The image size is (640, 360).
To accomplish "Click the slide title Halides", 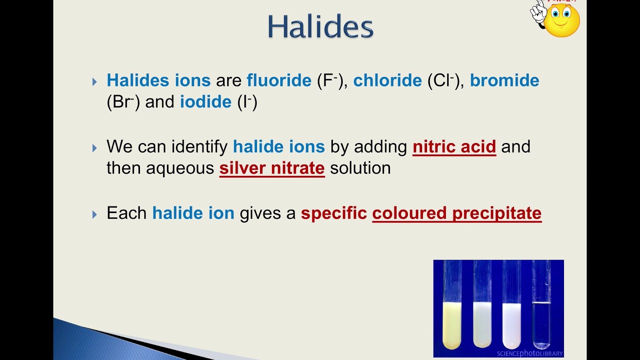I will [x=320, y=26].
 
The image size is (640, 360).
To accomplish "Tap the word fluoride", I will [x=279, y=80].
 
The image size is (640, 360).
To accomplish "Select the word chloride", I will [x=387, y=80].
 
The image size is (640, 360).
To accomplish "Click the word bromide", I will [x=504, y=80].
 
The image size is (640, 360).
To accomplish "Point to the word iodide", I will [x=205, y=102].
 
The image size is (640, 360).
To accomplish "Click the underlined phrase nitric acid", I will [x=454, y=147].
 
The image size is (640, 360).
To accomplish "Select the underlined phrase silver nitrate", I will [x=272, y=168].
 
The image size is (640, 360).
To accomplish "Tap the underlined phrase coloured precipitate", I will [x=456, y=213].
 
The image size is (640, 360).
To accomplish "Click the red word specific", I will [x=334, y=213].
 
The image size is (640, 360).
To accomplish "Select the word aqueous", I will [x=180, y=168].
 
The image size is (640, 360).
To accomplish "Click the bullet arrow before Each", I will [x=95, y=214].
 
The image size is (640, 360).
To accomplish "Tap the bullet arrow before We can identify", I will [x=95, y=148].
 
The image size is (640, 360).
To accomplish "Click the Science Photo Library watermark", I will [x=529, y=353].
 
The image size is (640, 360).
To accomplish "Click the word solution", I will [x=360, y=168].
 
